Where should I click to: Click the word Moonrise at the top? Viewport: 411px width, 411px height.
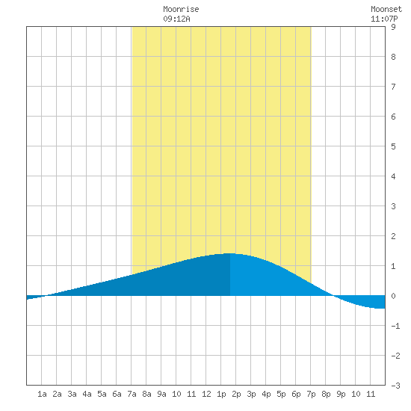181,9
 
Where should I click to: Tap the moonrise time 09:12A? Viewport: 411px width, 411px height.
176,19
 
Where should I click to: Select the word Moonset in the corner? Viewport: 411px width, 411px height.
386,9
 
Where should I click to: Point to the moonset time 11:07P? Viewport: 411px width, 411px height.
384,19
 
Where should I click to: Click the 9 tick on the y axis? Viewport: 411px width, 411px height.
393,27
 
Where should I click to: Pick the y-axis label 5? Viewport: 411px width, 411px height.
393,146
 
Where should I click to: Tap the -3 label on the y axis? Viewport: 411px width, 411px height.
395,386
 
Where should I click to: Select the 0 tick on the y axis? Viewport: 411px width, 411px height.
393,296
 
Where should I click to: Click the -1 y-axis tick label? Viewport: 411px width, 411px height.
395,326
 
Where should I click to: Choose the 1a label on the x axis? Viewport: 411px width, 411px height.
42,394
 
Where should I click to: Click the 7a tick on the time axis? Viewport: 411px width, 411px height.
132,394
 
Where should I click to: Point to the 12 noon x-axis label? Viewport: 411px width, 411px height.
206,394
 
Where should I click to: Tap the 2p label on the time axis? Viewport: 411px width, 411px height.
236,394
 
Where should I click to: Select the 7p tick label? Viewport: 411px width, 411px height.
311,394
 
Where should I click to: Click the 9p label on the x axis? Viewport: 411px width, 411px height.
341,394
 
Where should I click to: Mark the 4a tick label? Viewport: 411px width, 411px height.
87,394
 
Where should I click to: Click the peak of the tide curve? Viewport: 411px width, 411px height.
230,253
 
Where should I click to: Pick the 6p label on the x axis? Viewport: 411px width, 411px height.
296,394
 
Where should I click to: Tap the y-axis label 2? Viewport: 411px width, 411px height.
393,236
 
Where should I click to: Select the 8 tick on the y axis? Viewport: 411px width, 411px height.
393,57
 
